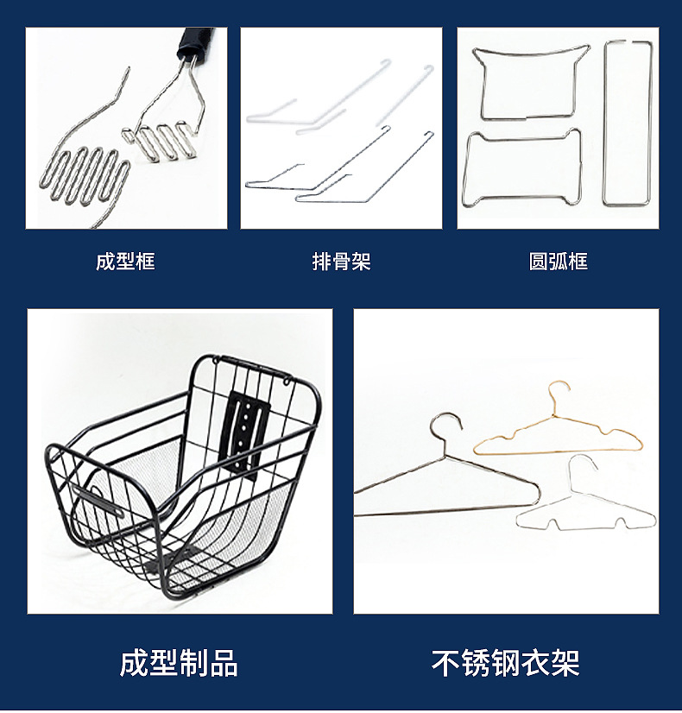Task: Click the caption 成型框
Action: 125,262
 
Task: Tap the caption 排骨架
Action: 342,262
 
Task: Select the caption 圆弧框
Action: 559,262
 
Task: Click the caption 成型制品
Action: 179,663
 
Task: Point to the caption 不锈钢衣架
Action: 506,663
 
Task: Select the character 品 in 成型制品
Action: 224,663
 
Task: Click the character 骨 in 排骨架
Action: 342,262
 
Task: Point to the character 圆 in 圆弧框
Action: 539,262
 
